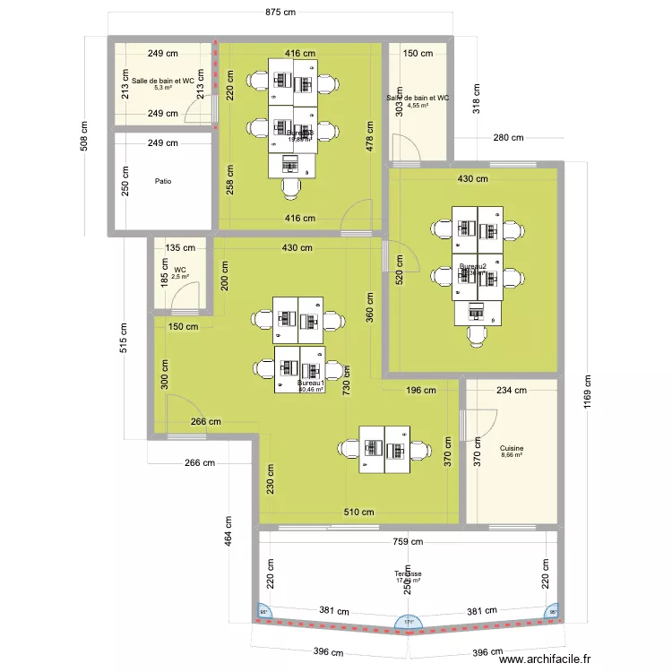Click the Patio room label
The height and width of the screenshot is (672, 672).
[x=162, y=181]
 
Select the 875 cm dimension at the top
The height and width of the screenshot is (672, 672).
[x=280, y=13]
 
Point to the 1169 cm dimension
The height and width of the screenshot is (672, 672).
[x=589, y=390]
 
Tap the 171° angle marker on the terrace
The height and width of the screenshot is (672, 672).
[x=409, y=622]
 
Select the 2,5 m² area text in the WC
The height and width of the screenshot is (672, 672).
[x=180, y=277]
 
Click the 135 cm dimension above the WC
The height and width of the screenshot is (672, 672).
[x=181, y=248]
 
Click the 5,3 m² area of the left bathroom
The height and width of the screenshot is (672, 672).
[x=162, y=88]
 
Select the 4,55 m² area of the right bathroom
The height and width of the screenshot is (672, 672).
[x=418, y=105]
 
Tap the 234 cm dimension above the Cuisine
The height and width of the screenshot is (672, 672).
[x=511, y=390]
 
